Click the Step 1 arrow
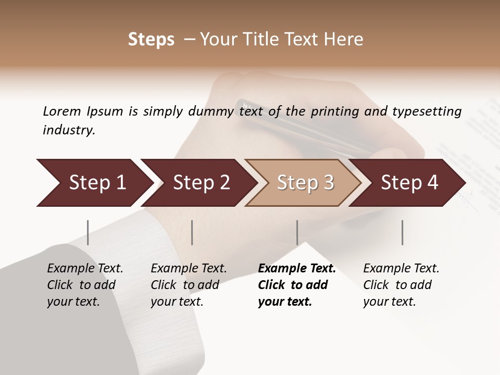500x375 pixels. (x=94, y=183)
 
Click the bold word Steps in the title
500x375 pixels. (x=151, y=40)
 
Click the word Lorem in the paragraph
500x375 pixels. (x=62, y=111)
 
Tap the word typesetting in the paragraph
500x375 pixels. (x=427, y=111)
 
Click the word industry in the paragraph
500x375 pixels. (x=68, y=130)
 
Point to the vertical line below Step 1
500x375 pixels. (x=88, y=232)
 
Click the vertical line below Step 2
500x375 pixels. (x=192, y=232)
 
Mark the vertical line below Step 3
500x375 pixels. (x=297, y=232)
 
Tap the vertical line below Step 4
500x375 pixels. (x=403, y=232)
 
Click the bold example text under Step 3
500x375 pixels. (x=296, y=285)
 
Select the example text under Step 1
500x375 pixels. (x=85, y=285)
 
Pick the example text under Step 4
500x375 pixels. (x=401, y=285)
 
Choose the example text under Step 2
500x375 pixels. (x=189, y=285)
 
